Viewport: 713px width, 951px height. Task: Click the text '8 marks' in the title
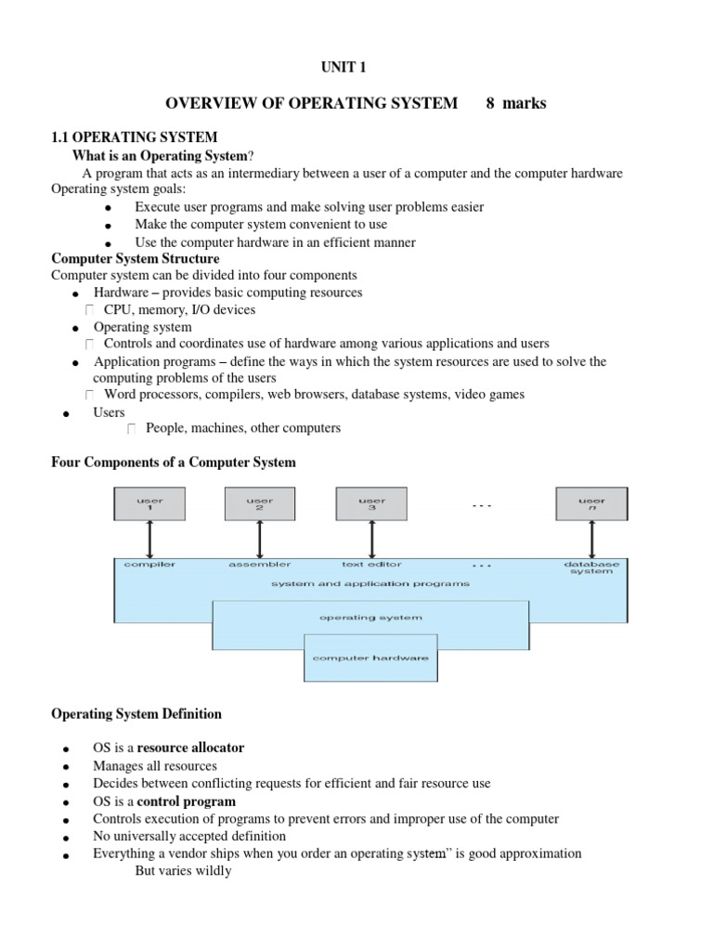click(x=516, y=103)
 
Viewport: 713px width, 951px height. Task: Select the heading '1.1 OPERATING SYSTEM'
click(x=134, y=137)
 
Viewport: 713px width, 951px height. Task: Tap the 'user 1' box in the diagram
click(x=149, y=504)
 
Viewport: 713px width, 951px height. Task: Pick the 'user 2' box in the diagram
click(x=259, y=504)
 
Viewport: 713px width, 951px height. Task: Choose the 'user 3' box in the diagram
click(x=371, y=504)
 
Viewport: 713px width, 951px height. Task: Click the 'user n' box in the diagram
click(x=590, y=504)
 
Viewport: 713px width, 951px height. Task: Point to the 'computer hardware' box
click(x=370, y=658)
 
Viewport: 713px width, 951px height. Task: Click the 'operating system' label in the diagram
click(x=370, y=617)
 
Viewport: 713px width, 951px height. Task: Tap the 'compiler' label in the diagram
click(x=149, y=564)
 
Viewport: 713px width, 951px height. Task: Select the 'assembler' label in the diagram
click(x=259, y=564)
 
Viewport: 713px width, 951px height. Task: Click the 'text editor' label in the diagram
click(x=370, y=564)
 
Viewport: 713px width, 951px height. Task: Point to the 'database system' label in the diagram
click(x=590, y=567)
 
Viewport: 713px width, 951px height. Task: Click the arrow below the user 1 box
click(x=149, y=539)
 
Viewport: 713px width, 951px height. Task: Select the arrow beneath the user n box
click(x=590, y=539)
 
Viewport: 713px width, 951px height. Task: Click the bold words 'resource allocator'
click(x=191, y=748)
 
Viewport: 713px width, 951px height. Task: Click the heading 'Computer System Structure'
click(x=135, y=258)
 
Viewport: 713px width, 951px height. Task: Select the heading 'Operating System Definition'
click(x=136, y=714)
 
